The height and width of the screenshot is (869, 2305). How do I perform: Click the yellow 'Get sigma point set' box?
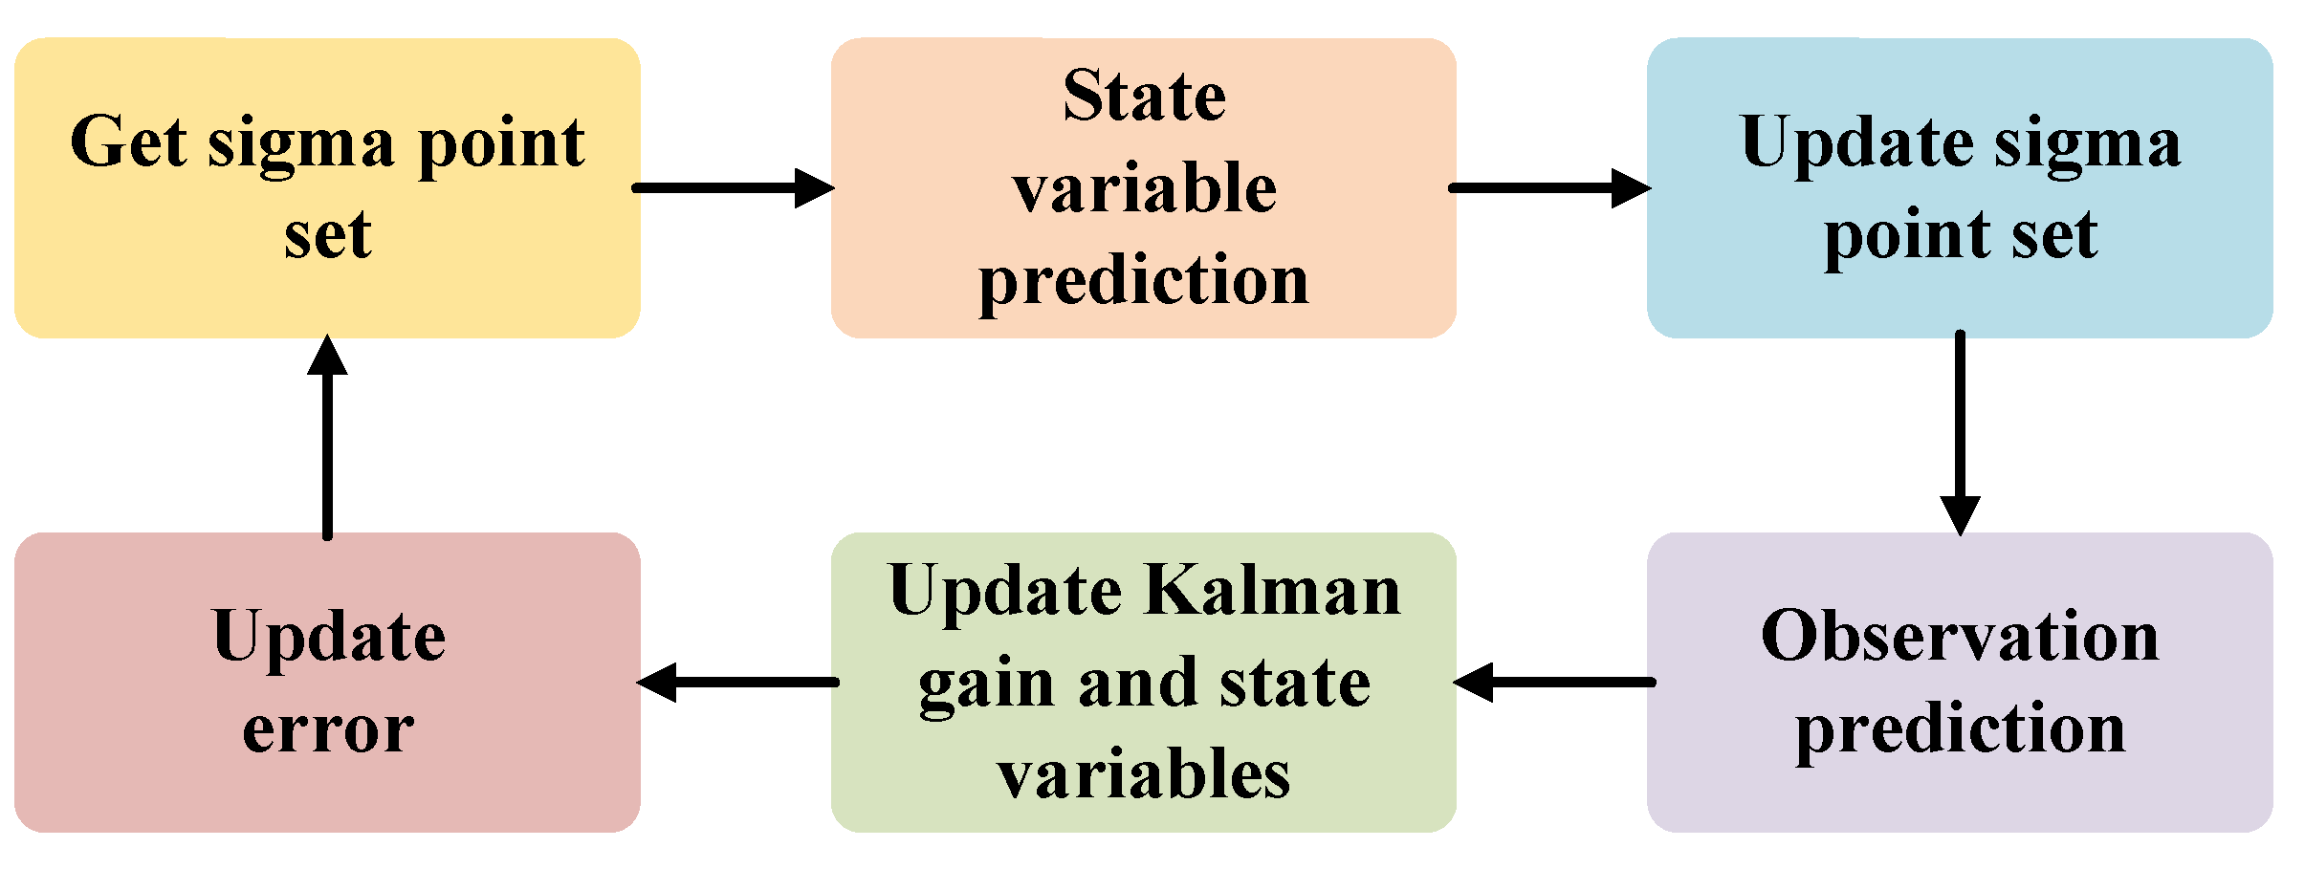(x=327, y=187)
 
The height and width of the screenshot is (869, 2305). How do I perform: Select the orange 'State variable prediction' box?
(x=1144, y=187)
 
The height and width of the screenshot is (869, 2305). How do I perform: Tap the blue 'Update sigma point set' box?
(x=1960, y=187)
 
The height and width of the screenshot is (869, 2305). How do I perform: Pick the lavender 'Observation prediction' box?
(x=1960, y=682)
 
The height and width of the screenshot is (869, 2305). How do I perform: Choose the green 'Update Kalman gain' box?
(x=1144, y=682)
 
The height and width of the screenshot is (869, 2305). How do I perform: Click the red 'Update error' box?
(x=327, y=682)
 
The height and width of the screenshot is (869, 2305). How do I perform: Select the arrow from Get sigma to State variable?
(x=734, y=187)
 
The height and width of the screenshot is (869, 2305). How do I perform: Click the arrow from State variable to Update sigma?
(x=1550, y=187)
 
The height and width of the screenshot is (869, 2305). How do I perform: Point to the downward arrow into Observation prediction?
(x=1960, y=433)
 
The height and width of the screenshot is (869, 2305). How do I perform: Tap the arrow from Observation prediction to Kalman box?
(x=1554, y=683)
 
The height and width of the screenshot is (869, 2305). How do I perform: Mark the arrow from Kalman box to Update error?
(x=737, y=683)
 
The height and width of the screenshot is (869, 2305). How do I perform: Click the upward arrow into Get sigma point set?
(x=327, y=437)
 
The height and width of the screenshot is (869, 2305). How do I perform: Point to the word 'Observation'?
(x=1961, y=637)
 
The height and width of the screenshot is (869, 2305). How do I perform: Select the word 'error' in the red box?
(x=328, y=730)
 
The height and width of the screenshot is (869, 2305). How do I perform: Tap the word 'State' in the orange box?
(x=1145, y=97)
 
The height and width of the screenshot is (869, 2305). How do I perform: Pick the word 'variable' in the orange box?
(x=1145, y=187)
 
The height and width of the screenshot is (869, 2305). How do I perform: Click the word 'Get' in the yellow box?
(x=128, y=142)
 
